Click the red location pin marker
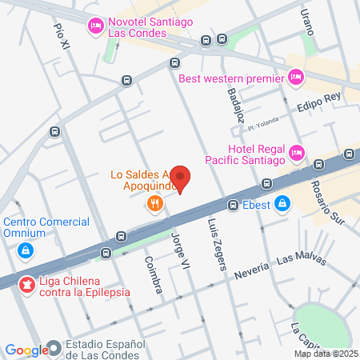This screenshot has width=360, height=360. coord(181,179)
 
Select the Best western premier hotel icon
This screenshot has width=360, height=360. coord(296,78)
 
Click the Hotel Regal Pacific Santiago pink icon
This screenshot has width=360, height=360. coord(297,152)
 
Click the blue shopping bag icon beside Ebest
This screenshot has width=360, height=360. coord(282,204)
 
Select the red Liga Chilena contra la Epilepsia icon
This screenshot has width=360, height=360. coord(26,284)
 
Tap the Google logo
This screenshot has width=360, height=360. coord(26,350)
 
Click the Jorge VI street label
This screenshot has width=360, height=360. coord(182,249)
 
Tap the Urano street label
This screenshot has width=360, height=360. coord(306,19)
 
